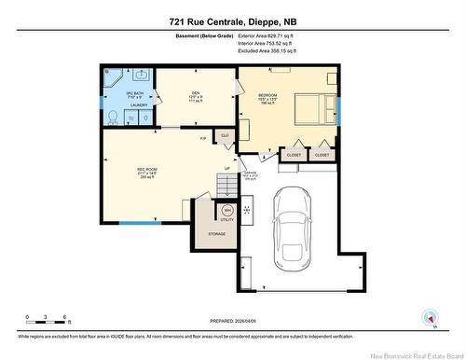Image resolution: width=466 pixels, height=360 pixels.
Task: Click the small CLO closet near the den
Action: pos(225,136)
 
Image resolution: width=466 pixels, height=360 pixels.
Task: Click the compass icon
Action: pos(430,316)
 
